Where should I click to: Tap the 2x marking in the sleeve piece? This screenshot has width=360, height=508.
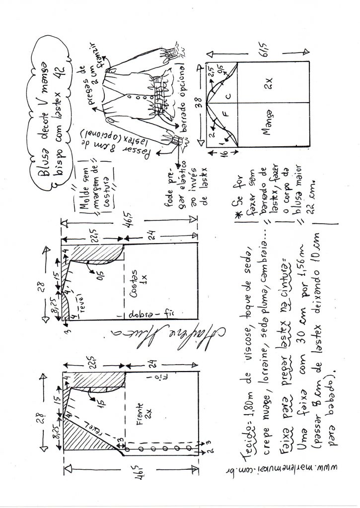tap(269, 78)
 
